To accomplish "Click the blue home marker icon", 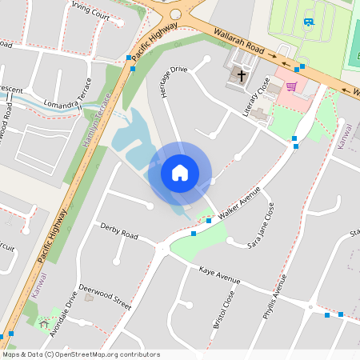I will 179,173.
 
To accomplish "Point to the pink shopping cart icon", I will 292,86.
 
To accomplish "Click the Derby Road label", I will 119,232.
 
